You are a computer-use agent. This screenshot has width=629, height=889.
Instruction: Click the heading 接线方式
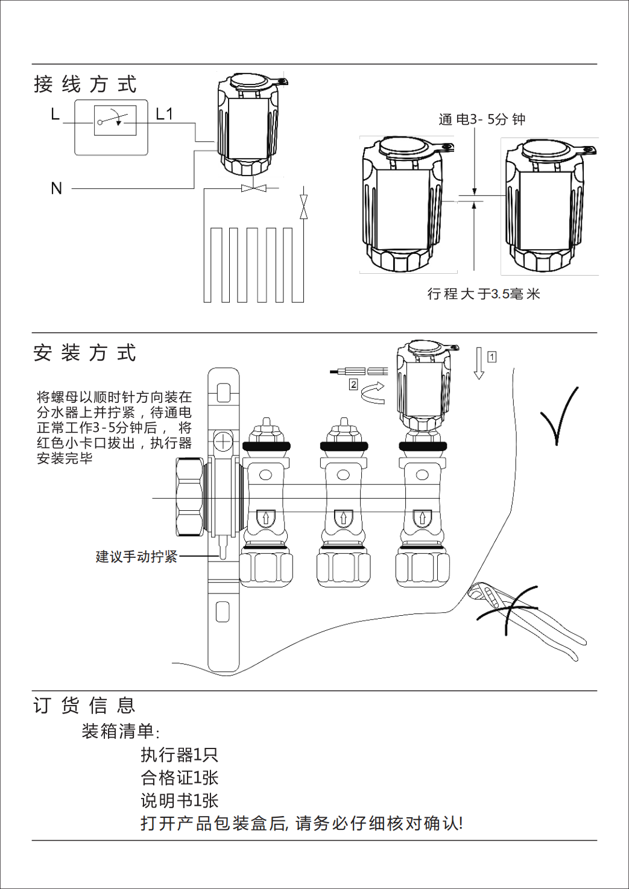tap(85, 84)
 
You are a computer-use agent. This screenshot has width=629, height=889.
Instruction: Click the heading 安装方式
tap(85, 353)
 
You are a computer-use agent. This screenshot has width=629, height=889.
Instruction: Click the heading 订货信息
tap(84, 705)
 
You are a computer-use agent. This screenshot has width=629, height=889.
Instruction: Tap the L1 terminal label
tap(164, 114)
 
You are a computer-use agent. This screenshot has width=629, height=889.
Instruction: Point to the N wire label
tap(57, 189)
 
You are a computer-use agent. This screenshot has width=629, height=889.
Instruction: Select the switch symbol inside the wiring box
tap(115, 121)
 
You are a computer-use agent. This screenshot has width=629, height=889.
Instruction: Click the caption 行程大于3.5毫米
tap(484, 294)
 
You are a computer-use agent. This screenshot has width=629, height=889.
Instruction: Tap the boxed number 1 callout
tap(492, 357)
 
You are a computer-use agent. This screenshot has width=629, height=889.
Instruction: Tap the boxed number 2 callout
tap(353, 384)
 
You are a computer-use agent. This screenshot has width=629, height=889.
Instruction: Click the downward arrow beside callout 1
tap(479, 363)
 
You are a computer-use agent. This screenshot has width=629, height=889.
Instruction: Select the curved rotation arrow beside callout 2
tap(373, 393)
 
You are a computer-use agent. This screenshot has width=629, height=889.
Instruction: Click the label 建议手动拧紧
tap(136, 557)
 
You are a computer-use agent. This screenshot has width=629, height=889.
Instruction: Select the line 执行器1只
tap(179, 755)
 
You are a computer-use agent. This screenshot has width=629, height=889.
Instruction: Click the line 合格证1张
tap(179, 777)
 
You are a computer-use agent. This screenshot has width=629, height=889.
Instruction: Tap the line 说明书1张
tap(179, 800)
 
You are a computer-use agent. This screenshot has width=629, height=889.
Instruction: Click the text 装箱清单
tap(120, 732)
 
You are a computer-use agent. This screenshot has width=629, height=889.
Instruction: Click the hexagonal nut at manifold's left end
tap(189, 498)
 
